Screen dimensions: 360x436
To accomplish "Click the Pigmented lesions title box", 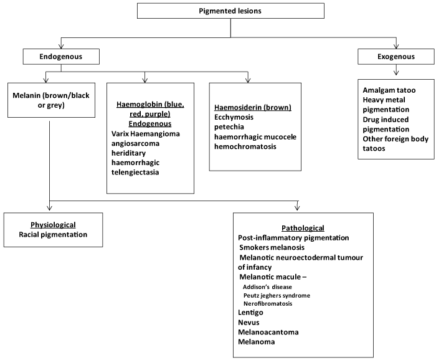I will [x=230, y=11].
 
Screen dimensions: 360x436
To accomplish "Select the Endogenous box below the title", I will [x=60, y=58].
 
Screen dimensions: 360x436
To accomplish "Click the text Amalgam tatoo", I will [x=390, y=90].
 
